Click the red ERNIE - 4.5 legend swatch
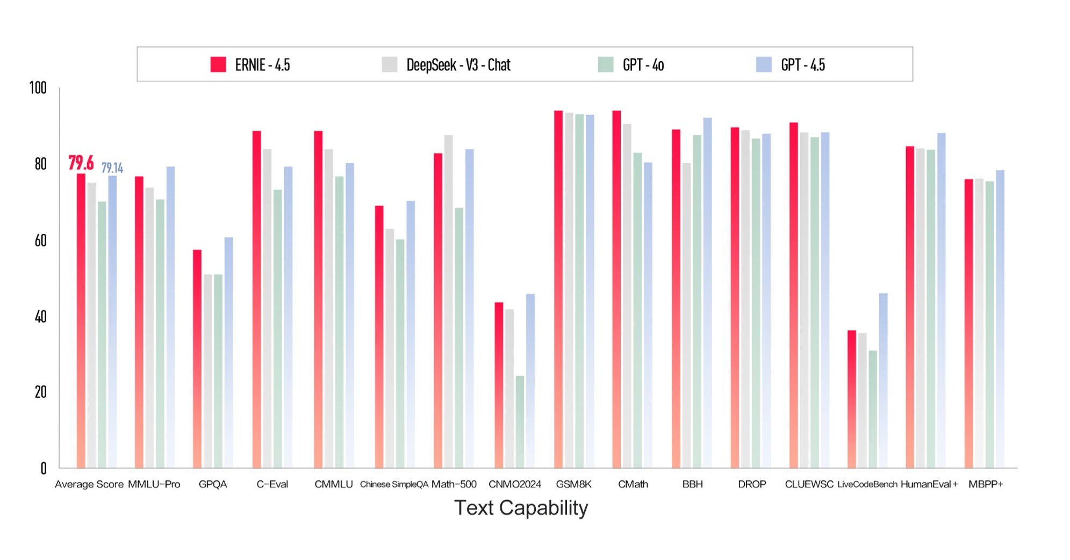pos(218,64)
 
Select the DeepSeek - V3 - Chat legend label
pos(458,65)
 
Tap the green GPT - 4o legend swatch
pos(605,64)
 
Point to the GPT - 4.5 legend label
pos(802,65)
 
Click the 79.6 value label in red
pos(81,162)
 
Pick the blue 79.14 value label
pos(112,168)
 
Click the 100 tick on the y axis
pos(38,88)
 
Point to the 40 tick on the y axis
pos(40,317)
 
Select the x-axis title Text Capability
pos(521,507)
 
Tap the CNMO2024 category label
pos(514,484)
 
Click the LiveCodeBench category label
pos(867,484)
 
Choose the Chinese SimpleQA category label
pos(394,484)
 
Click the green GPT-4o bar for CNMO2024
pos(520,422)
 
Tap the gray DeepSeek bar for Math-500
pos(448,301)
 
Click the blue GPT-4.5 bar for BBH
pos(707,293)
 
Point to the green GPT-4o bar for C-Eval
pos(277,328)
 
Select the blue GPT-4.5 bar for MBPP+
pos(1000,319)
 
